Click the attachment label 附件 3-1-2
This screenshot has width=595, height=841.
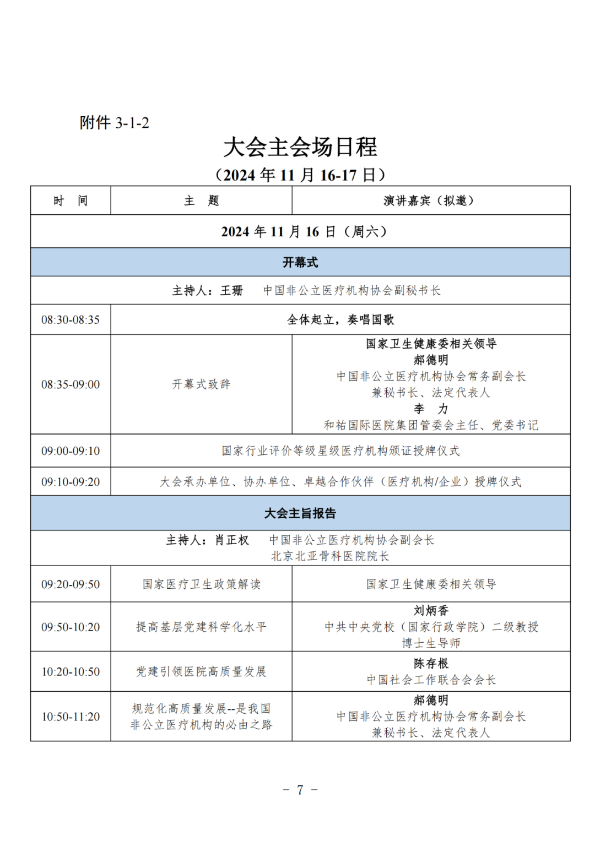pyautogui.click(x=114, y=122)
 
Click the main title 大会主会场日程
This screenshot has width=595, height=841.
pyautogui.click(x=300, y=148)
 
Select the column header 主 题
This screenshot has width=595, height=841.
pyautogui.click(x=201, y=200)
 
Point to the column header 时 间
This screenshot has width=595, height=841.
pyautogui.click(x=71, y=200)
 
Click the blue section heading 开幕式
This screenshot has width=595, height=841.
pyautogui.click(x=300, y=262)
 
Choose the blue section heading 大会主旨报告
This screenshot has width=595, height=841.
pyautogui.click(x=300, y=513)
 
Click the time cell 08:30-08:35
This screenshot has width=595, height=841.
pyautogui.click(x=71, y=319)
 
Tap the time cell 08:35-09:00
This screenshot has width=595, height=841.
pyautogui.click(x=71, y=384)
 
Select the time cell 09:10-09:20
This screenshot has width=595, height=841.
pyautogui.click(x=71, y=482)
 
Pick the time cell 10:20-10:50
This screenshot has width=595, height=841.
pyautogui.click(x=71, y=672)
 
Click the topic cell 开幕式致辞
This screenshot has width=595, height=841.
pyautogui.click(x=201, y=384)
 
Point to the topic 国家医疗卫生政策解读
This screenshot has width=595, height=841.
pyautogui.click(x=201, y=584)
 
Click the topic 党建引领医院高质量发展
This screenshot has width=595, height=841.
pyautogui.click(x=201, y=672)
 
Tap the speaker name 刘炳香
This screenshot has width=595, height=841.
pyautogui.click(x=431, y=611)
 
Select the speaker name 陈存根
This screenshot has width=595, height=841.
pyautogui.click(x=431, y=664)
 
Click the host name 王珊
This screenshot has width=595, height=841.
pyautogui.click(x=231, y=291)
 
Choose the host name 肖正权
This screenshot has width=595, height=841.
pyautogui.click(x=231, y=540)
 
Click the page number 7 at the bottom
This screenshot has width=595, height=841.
pyautogui.click(x=300, y=790)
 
